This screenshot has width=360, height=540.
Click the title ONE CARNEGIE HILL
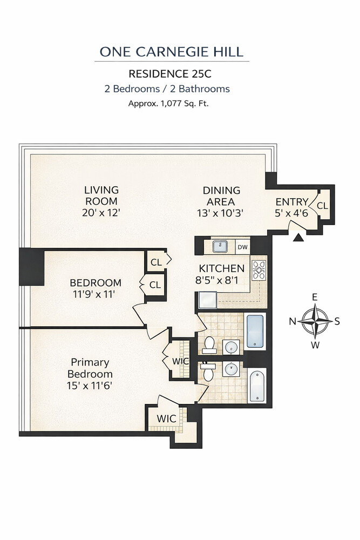pos(172,52)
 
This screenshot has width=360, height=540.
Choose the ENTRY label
pos(292,202)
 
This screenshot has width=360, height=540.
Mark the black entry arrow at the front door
pos(297,235)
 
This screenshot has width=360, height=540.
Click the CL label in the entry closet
pos(323,206)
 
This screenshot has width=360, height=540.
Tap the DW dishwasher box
pos(242,247)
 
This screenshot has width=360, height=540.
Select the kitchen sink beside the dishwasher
pos(220,247)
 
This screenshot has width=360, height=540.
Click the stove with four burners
pos(259,269)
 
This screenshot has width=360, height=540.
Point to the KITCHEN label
pos(221,268)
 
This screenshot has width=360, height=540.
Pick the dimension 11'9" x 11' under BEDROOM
pos(96,294)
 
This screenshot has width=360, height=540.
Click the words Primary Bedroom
pos(90,368)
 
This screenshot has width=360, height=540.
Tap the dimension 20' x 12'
pos(101,212)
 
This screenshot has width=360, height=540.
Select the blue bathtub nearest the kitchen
pos(256,330)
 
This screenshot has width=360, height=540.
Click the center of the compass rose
pos(315,321)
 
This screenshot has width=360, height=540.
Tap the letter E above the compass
pos(315,298)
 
